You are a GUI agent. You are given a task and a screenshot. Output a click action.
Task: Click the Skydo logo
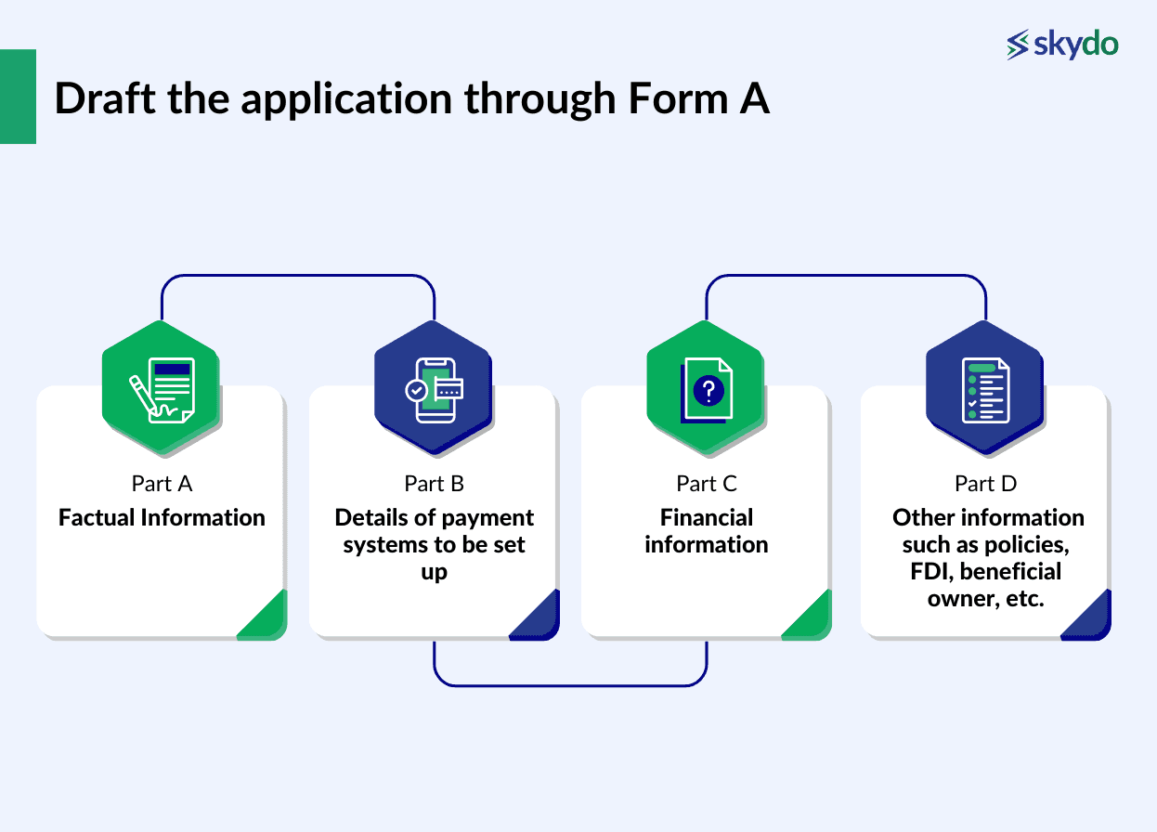pyautogui.click(x=1062, y=45)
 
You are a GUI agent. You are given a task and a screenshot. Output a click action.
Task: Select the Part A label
pyautogui.click(x=162, y=484)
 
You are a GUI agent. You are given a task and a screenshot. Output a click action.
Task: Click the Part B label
pyautogui.click(x=434, y=484)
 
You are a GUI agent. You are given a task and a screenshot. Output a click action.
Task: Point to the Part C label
pyautogui.click(x=707, y=484)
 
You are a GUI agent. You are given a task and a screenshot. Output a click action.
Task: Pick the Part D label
pyautogui.click(x=986, y=484)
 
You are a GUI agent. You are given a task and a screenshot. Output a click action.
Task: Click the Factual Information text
pyautogui.click(x=162, y=517)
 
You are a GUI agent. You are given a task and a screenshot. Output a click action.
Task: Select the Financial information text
pyautogui.click(x=707, y=530)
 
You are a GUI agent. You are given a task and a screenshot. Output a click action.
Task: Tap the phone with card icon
pyautogui.click(x=434, y=390)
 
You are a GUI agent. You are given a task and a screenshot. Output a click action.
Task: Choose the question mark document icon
pyautogui.click(x=706, y=390)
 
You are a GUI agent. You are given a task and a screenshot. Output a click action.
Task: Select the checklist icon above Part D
pyautogui.click(x=985, y=390)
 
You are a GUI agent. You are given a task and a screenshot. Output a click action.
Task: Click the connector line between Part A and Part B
pyautogui.click(x=297, y=276)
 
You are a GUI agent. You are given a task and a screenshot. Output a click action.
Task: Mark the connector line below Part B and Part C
pyautogui.click(x=570, y=685)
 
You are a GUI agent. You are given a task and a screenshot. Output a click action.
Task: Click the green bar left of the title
pyautogui.click(x=18, y=97)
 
